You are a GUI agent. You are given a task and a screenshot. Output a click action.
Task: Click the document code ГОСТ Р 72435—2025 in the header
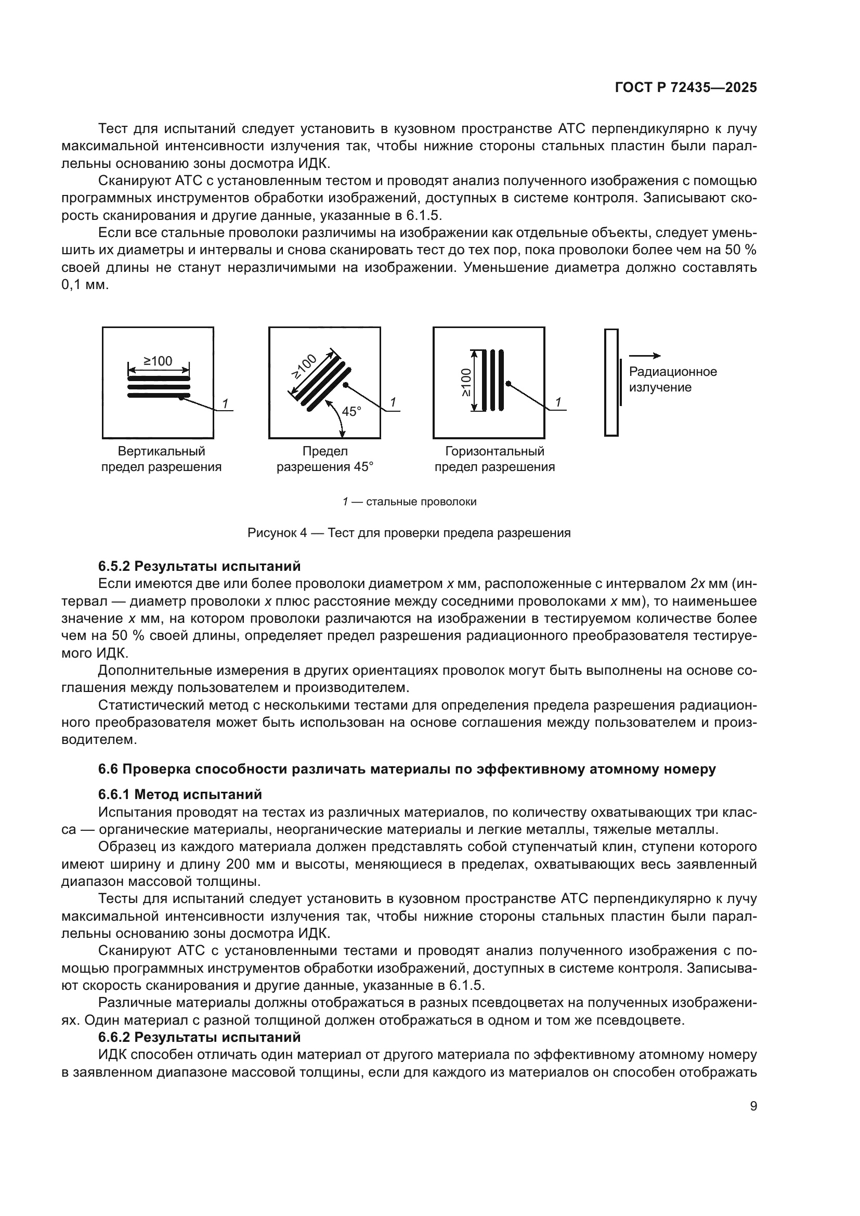click(686, 88)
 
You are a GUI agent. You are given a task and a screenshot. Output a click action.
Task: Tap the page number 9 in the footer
click(753, 1106)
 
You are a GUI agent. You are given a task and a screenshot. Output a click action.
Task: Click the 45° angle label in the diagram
click(351, 411)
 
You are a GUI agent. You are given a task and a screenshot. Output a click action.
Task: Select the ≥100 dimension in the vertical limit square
click(159, 361)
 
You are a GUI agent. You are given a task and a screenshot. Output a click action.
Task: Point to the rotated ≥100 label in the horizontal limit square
click(465, 383)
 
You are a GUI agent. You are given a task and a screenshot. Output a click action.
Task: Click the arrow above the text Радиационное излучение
click(644, 356)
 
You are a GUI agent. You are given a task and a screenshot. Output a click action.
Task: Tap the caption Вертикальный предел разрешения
click(161, 459)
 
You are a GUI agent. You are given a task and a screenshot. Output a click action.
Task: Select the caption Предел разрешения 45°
click(324, 459)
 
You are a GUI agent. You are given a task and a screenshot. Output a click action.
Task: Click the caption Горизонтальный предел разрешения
click(494, 459)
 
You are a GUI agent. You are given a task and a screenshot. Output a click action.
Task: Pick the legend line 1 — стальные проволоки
click(409, 502)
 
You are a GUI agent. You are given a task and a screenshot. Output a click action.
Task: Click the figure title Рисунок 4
click(409, 533)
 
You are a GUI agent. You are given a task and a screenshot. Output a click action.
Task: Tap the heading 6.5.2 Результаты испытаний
click(199, 566)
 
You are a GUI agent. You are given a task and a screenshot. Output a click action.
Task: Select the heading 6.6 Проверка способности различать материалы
click(407, 769)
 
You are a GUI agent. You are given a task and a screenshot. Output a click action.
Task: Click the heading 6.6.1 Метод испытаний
click(180, 794)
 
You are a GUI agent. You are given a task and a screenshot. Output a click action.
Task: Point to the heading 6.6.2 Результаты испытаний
click(199, 1037)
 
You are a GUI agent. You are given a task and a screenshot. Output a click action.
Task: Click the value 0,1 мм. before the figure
click(85, 285)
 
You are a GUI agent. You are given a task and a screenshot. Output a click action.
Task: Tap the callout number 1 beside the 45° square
click(393, 402)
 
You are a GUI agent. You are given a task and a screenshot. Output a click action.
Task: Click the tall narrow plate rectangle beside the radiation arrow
click(611, 383)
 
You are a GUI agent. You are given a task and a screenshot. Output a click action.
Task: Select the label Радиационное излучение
click(672, 379)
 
